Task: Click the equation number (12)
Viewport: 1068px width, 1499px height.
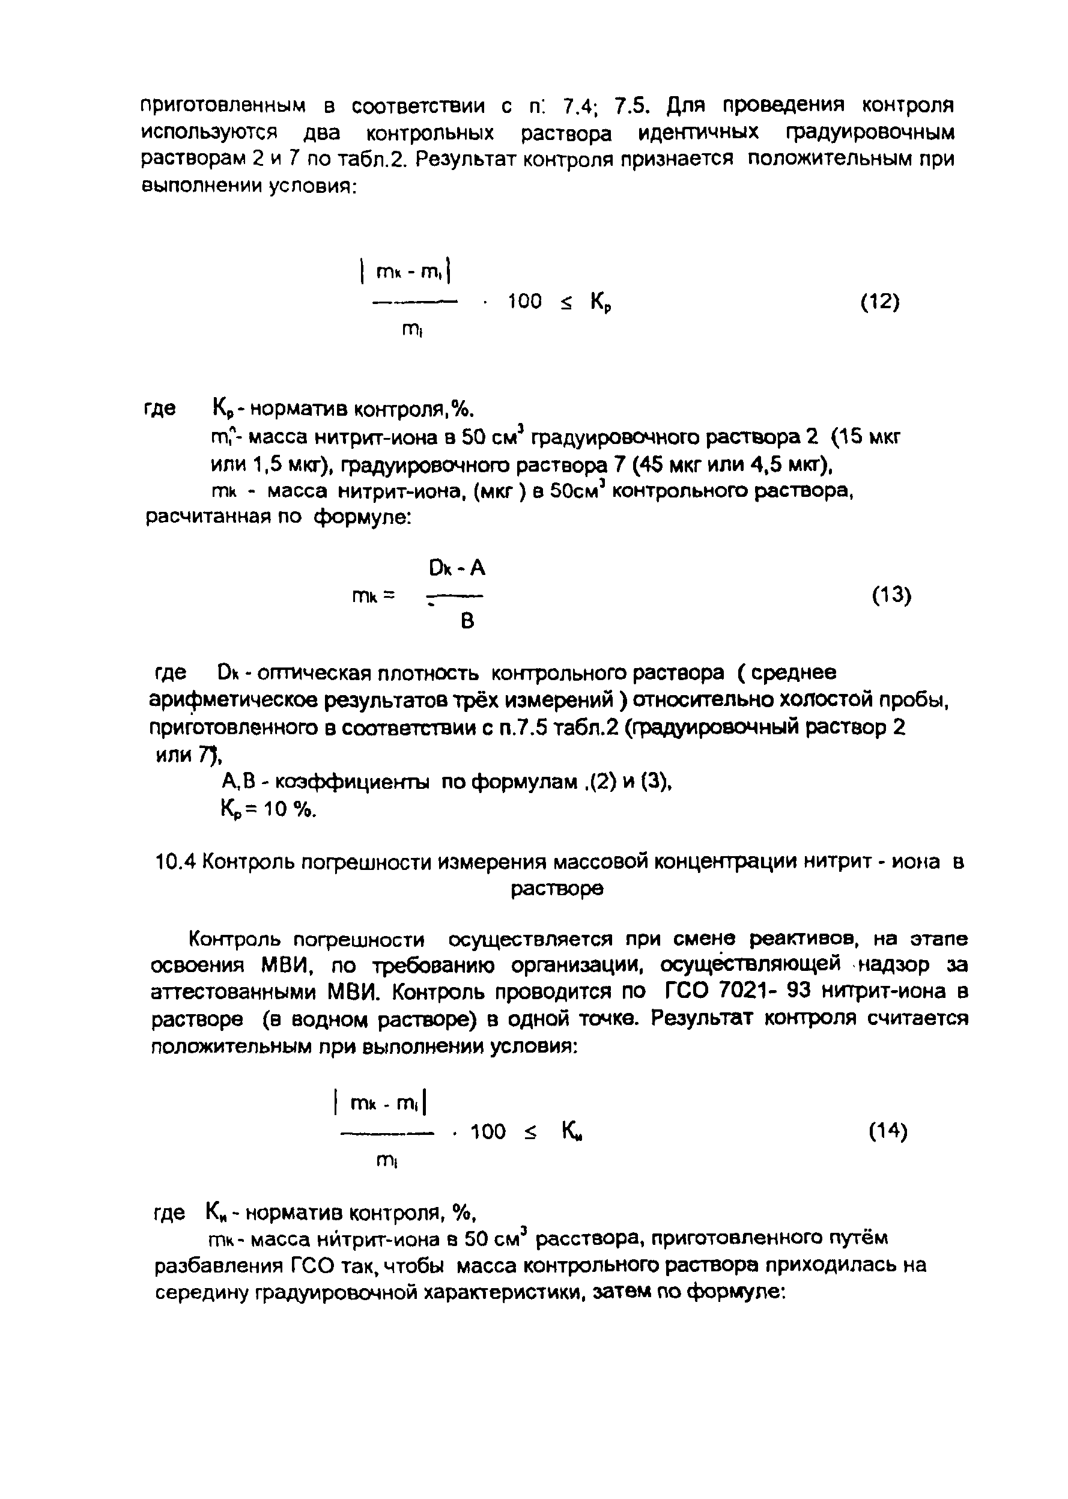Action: point(879,302)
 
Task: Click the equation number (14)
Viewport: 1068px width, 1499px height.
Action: point(887,1131)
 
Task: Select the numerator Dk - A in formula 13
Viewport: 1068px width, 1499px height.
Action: point(457,568)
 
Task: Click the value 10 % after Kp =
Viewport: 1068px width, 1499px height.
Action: point(290,810)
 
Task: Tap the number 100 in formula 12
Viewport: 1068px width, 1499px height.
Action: point(525,302)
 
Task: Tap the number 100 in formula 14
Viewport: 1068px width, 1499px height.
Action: point(488,1132)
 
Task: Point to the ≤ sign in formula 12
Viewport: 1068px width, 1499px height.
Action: point(566,303)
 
